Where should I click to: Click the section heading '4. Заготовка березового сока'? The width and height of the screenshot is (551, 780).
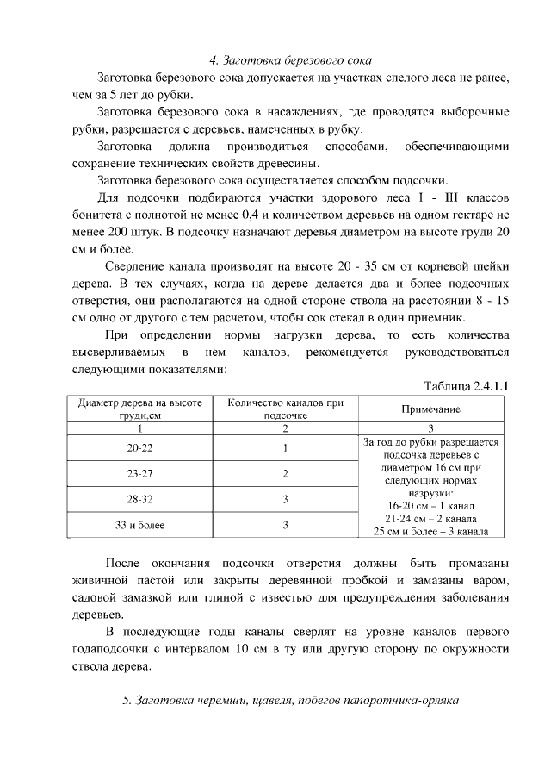tap(291, 61)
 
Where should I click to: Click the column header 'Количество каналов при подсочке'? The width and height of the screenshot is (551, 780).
tap(285, 409)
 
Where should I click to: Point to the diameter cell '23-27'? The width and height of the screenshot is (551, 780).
tap(139, 473)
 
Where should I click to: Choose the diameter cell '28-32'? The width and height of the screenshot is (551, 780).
tap(139, 499)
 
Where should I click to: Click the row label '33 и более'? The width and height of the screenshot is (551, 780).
tap(139, 524)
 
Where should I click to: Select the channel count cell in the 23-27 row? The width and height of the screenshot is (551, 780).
tap(285, 473)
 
